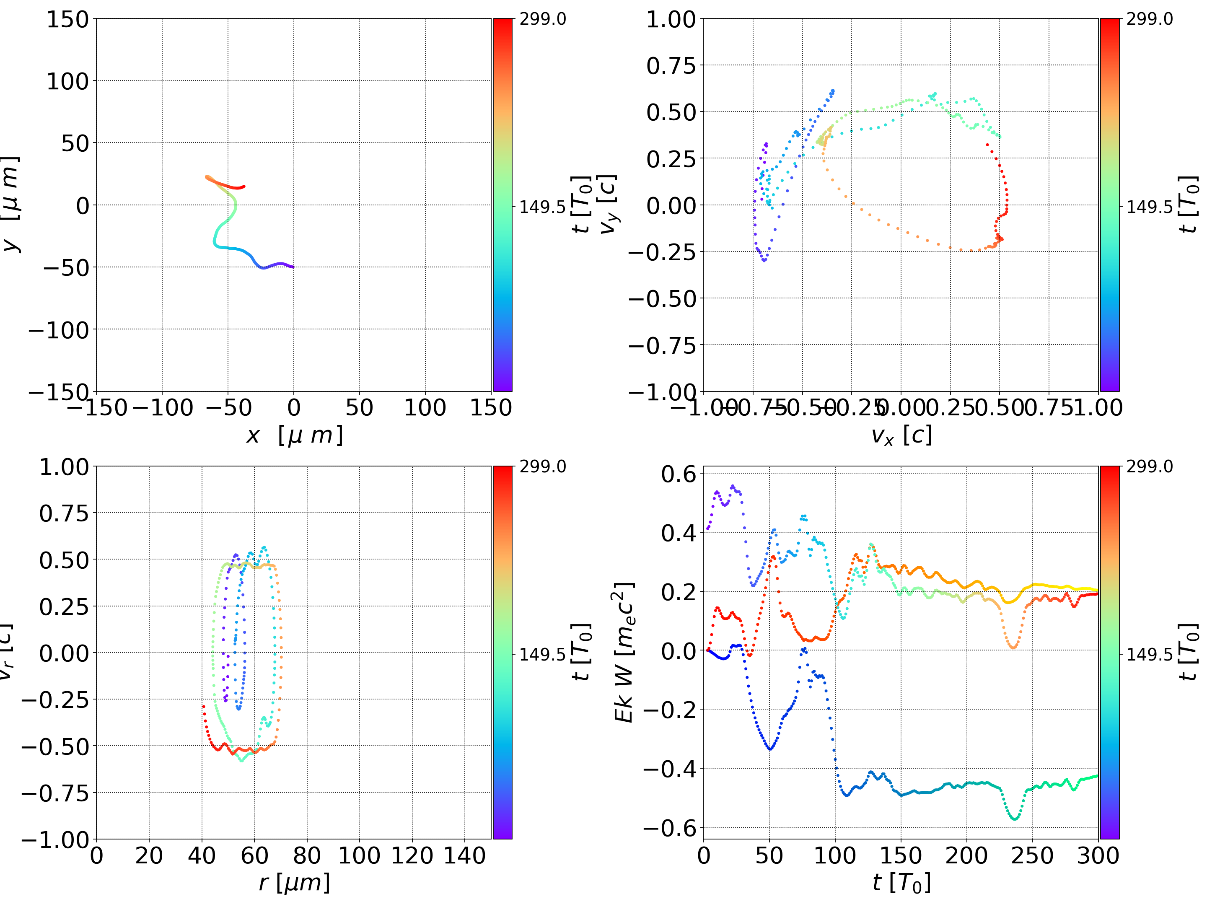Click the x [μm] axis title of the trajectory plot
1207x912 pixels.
coord(294,435)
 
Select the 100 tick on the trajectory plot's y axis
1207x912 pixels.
coord(67,81)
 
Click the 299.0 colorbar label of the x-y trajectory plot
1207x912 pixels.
coord(542,19)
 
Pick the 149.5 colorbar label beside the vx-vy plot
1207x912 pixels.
coord(1149,207)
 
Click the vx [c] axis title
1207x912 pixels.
coord(901,435)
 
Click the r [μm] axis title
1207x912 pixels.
coord(294,883)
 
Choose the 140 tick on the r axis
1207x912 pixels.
coord(464,855)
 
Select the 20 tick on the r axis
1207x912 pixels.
coord(149,855)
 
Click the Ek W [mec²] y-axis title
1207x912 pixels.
coord(624,652)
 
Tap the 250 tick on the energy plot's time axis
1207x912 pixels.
coord(1032,855)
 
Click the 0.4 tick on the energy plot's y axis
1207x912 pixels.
coord(679,533)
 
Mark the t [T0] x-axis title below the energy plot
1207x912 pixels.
coord(901,883)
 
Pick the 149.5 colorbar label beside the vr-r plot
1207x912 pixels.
coord(542,654)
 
